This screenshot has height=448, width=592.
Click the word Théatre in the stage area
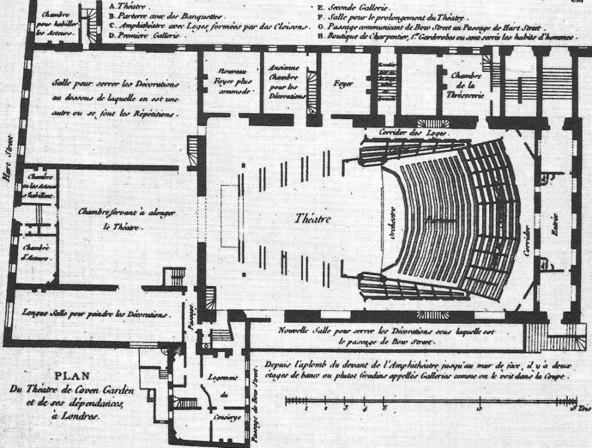coord(313,220)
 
